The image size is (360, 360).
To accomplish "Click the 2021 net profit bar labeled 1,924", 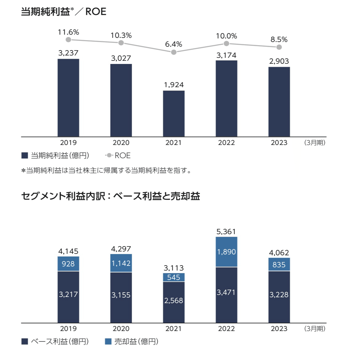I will [174, 114].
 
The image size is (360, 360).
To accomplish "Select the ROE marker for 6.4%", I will [174, 52].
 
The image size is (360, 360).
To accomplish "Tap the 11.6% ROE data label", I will [68, 32].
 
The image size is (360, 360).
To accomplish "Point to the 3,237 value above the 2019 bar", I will [68, 53].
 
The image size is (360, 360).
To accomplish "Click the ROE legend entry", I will [118, 155].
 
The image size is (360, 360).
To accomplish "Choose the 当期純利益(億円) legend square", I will [25, 155].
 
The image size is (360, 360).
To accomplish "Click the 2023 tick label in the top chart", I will [279, 143].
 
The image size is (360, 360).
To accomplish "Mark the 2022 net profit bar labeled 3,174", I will [226, 98].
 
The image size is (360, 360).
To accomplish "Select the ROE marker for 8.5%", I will [279, 47].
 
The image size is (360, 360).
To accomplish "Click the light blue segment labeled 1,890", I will [226, 252].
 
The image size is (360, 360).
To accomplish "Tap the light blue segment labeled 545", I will [174, 277].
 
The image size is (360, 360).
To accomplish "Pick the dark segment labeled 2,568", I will [174, 301].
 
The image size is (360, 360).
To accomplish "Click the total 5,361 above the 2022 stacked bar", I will [226, 231].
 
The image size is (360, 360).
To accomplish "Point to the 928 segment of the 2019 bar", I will [68, 264].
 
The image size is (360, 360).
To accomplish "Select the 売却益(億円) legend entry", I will [132, 341].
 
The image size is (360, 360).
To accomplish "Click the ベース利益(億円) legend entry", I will [55, 341].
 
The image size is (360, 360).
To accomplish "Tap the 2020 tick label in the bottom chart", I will [121, 329].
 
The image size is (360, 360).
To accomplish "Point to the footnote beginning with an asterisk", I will [106, 170].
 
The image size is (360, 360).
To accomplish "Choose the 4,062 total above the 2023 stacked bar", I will [279, 253].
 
